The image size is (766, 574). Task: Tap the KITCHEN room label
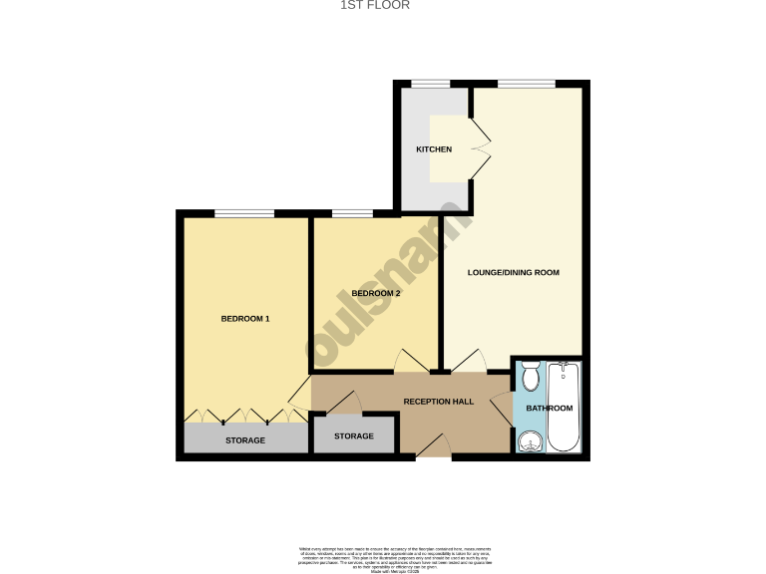(434, 149)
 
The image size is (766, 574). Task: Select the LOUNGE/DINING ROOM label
(514, 272)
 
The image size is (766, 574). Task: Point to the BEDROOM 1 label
(245, 319)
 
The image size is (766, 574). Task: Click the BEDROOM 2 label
(376, 294)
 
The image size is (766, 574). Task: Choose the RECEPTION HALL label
(439, 402)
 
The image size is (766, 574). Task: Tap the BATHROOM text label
(550, 409)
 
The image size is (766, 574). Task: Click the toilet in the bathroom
(530, 376)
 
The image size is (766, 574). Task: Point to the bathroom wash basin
(529, 440)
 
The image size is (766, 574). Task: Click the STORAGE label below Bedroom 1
(245, 440)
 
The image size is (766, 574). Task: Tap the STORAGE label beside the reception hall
(354, 436)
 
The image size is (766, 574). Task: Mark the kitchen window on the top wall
(430, 83)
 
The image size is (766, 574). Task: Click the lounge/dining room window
(527, 83)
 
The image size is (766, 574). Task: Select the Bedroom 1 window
(244, 212)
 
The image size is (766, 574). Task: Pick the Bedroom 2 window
(352, 212)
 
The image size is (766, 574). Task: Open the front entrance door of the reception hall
(432, 448)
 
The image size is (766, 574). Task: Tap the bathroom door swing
(503, 409)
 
